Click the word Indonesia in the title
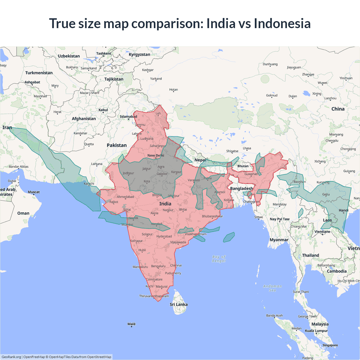pyautogui.click(x=282, y=23)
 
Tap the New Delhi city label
pyautogui.click(x=156, y=155)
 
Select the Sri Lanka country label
pyautogui.click(x=179, y=304)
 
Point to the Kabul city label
pyautogui.click(x=103, y=110)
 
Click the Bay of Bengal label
pyautogui.click(x=219, y=259)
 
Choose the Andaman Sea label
pyautogui.click(x=272, y=288)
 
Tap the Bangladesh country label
pyautogui.click(x=241, y=188)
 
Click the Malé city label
pyautogui.click(x=131, y=324)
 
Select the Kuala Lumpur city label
pyautogui.click(x=316, y=330)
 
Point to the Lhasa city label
pyautogui.click(x=247, y=148)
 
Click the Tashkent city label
pyautogui.click(x=103, y=53)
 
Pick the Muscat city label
pyautogui.click(x=34, y=192)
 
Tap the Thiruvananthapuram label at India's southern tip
pyautogui.click(x=154, y=296)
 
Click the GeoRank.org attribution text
pyautogui.click(x=11, y=357)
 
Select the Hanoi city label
pyautogui.click(x=343, y=210)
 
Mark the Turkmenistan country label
pyautogui.click(x=39, y=73)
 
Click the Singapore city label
pyautogui.click(x=330, y=345)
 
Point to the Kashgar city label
pyautogui.click(x=148, y=70)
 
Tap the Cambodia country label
pyautogui.click(x=337, y=271)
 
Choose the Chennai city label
pyautogui.click(x=176, y=265)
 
